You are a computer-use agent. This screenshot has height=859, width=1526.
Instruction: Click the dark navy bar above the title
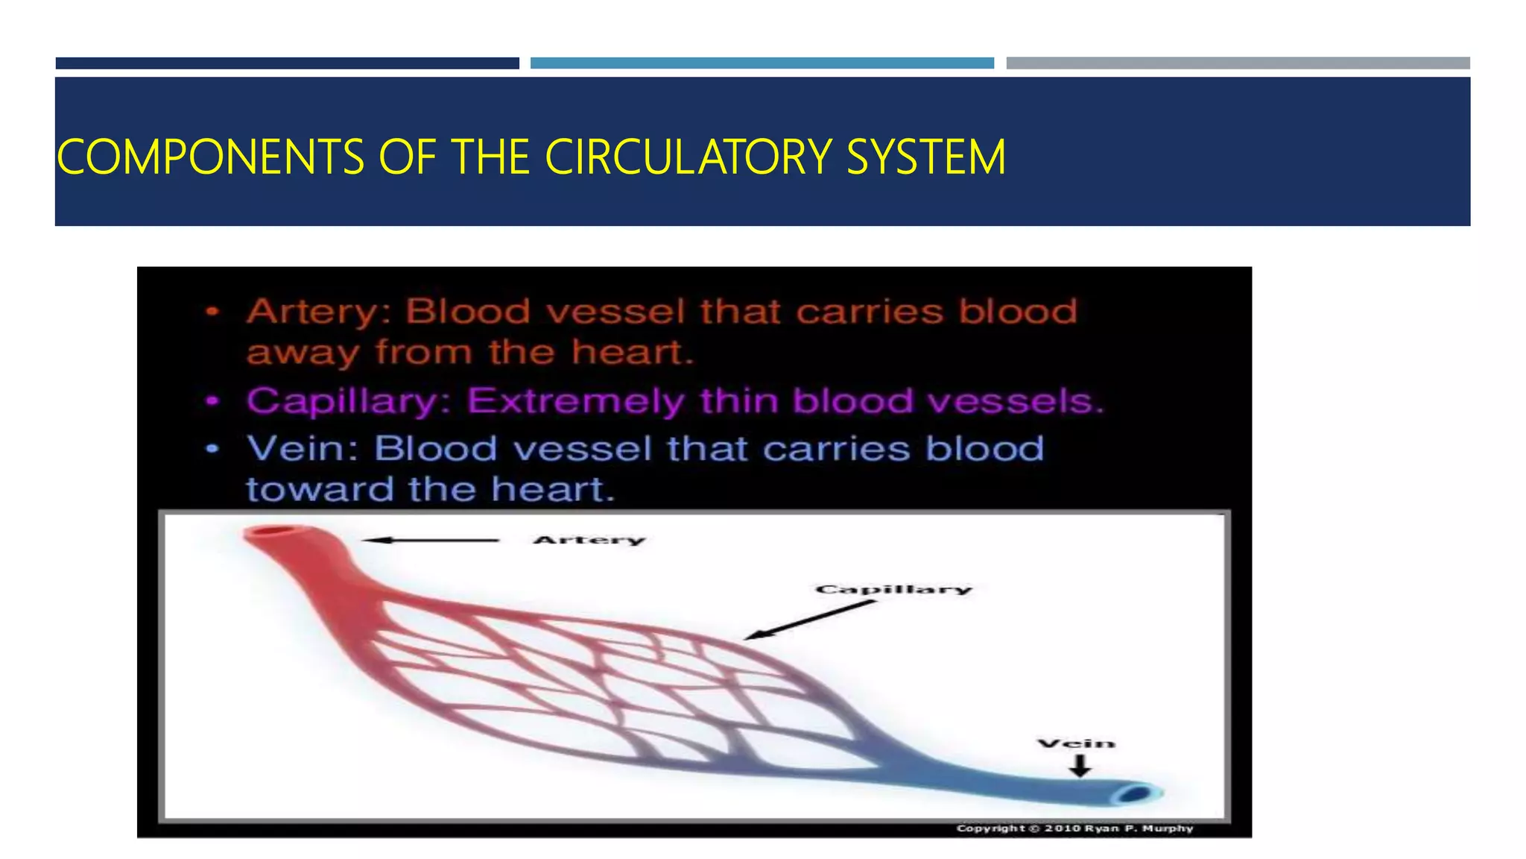point(287,63)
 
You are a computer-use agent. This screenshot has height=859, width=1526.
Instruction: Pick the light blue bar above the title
point(762,63)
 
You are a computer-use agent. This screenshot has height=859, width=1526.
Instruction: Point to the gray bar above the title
point(1238,63)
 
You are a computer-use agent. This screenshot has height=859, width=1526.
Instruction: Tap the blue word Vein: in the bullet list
point(303,449)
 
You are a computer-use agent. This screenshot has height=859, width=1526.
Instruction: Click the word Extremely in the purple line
point(575,402)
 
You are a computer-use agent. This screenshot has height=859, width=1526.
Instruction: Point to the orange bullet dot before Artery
point(213,312)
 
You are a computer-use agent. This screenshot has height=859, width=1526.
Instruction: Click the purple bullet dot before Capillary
point(213,402)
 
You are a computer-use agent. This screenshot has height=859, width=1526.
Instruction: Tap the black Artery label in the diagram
point(589,540)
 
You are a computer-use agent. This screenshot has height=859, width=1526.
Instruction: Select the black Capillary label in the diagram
point(893,589)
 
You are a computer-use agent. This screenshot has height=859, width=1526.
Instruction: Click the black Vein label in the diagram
point(1076,743)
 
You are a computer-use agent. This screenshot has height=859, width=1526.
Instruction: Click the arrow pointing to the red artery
point(431,540)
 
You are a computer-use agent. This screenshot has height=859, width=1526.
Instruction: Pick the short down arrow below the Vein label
point(1080,766)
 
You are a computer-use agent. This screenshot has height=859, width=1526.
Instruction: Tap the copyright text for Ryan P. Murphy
point(1074,828)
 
